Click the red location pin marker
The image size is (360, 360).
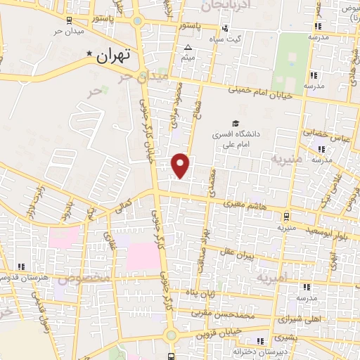tap(181, 165)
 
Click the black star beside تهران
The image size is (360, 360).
tap(89, 54)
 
